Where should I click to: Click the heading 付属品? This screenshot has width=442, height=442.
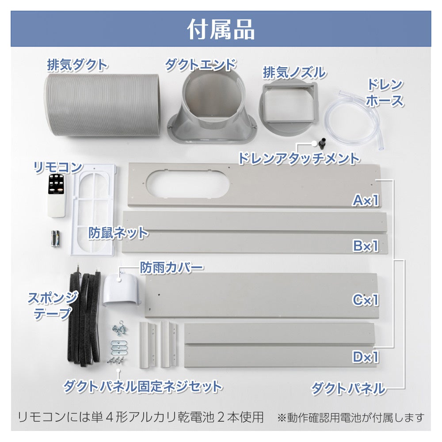pos(221,29)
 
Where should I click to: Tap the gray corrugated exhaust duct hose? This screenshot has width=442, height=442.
pos(103,106)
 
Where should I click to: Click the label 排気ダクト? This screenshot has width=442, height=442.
pos(77,65)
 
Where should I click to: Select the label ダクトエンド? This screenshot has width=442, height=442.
pos(200,65)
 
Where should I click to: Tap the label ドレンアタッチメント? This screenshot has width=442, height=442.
pos(299,158)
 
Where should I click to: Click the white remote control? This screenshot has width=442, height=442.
pos(57,195)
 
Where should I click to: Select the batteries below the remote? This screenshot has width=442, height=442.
pos(55,239)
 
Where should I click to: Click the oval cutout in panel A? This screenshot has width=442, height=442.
pos(188,183)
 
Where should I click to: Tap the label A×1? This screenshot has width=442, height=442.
pos(366,200)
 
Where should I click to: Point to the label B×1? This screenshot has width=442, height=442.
pos(366,246)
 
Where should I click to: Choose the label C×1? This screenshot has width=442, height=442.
pos(366,300)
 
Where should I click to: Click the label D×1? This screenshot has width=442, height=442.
pos(366,357)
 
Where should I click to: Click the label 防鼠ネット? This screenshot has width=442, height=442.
pos(118,233)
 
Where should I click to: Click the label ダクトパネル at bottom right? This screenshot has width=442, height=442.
pos(348,388)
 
